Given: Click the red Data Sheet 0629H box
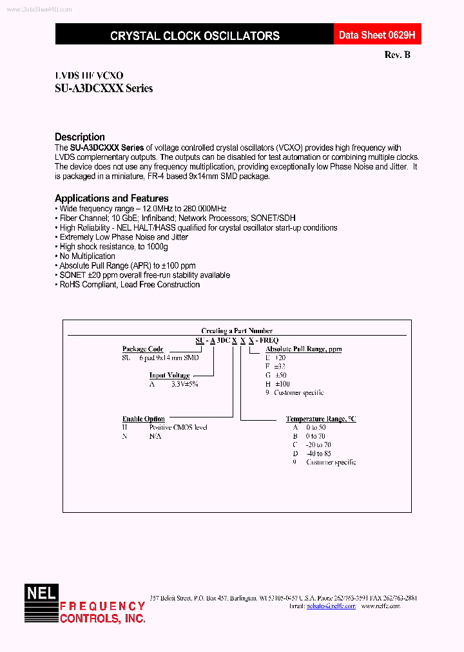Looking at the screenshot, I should click(x=372, y=35).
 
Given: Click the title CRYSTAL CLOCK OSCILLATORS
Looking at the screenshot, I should click(x=195, y=36).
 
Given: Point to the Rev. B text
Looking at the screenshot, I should click(x=397, y=55).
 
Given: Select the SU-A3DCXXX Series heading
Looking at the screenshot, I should click(x=104, y=89).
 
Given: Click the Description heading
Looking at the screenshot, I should click(x=80, y=137).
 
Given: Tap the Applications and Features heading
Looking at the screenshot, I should click(x=111, y=198).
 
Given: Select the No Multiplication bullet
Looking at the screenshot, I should click(x=87, y=256).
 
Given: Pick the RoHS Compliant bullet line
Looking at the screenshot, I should click(x=129, y=285).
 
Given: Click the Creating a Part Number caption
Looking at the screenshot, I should click(x=237, y=331).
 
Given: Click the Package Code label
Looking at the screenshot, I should click(x=142, y=349).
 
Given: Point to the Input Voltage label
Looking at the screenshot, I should click(x=169, y=375).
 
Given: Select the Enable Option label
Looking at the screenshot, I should click(x=143, y=419).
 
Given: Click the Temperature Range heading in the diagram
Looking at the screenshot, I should click(x=320, y=419).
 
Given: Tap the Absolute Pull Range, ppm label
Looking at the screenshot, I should click(x=304, y=349).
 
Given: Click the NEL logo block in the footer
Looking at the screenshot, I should click(x=41, y=603).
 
